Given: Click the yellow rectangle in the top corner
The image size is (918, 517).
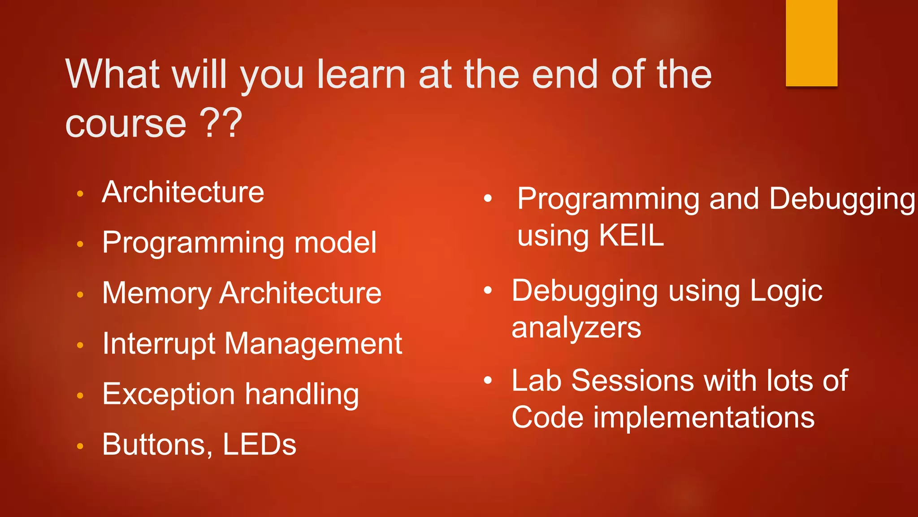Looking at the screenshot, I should [811, 43].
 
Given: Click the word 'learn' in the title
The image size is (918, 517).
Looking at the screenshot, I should [361, 74].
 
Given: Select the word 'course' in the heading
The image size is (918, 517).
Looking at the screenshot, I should [126, 124].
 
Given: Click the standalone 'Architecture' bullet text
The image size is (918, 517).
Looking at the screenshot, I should [183, 193].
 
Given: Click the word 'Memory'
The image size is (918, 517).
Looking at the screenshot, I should [156, 294].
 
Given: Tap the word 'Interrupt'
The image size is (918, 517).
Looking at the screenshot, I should [159, 344].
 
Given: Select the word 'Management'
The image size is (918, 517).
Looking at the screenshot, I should [313, 344].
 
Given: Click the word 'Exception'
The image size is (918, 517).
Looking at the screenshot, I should [169, 394].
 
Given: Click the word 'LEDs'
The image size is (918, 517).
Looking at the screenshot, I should [259, 445].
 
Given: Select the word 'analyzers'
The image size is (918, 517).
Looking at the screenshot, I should [576, 328].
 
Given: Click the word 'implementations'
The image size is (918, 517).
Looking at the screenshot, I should [704, 418].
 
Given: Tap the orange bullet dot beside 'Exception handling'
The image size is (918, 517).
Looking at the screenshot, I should [80, 395].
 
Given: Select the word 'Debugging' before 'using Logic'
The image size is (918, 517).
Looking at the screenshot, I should [585, 291].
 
